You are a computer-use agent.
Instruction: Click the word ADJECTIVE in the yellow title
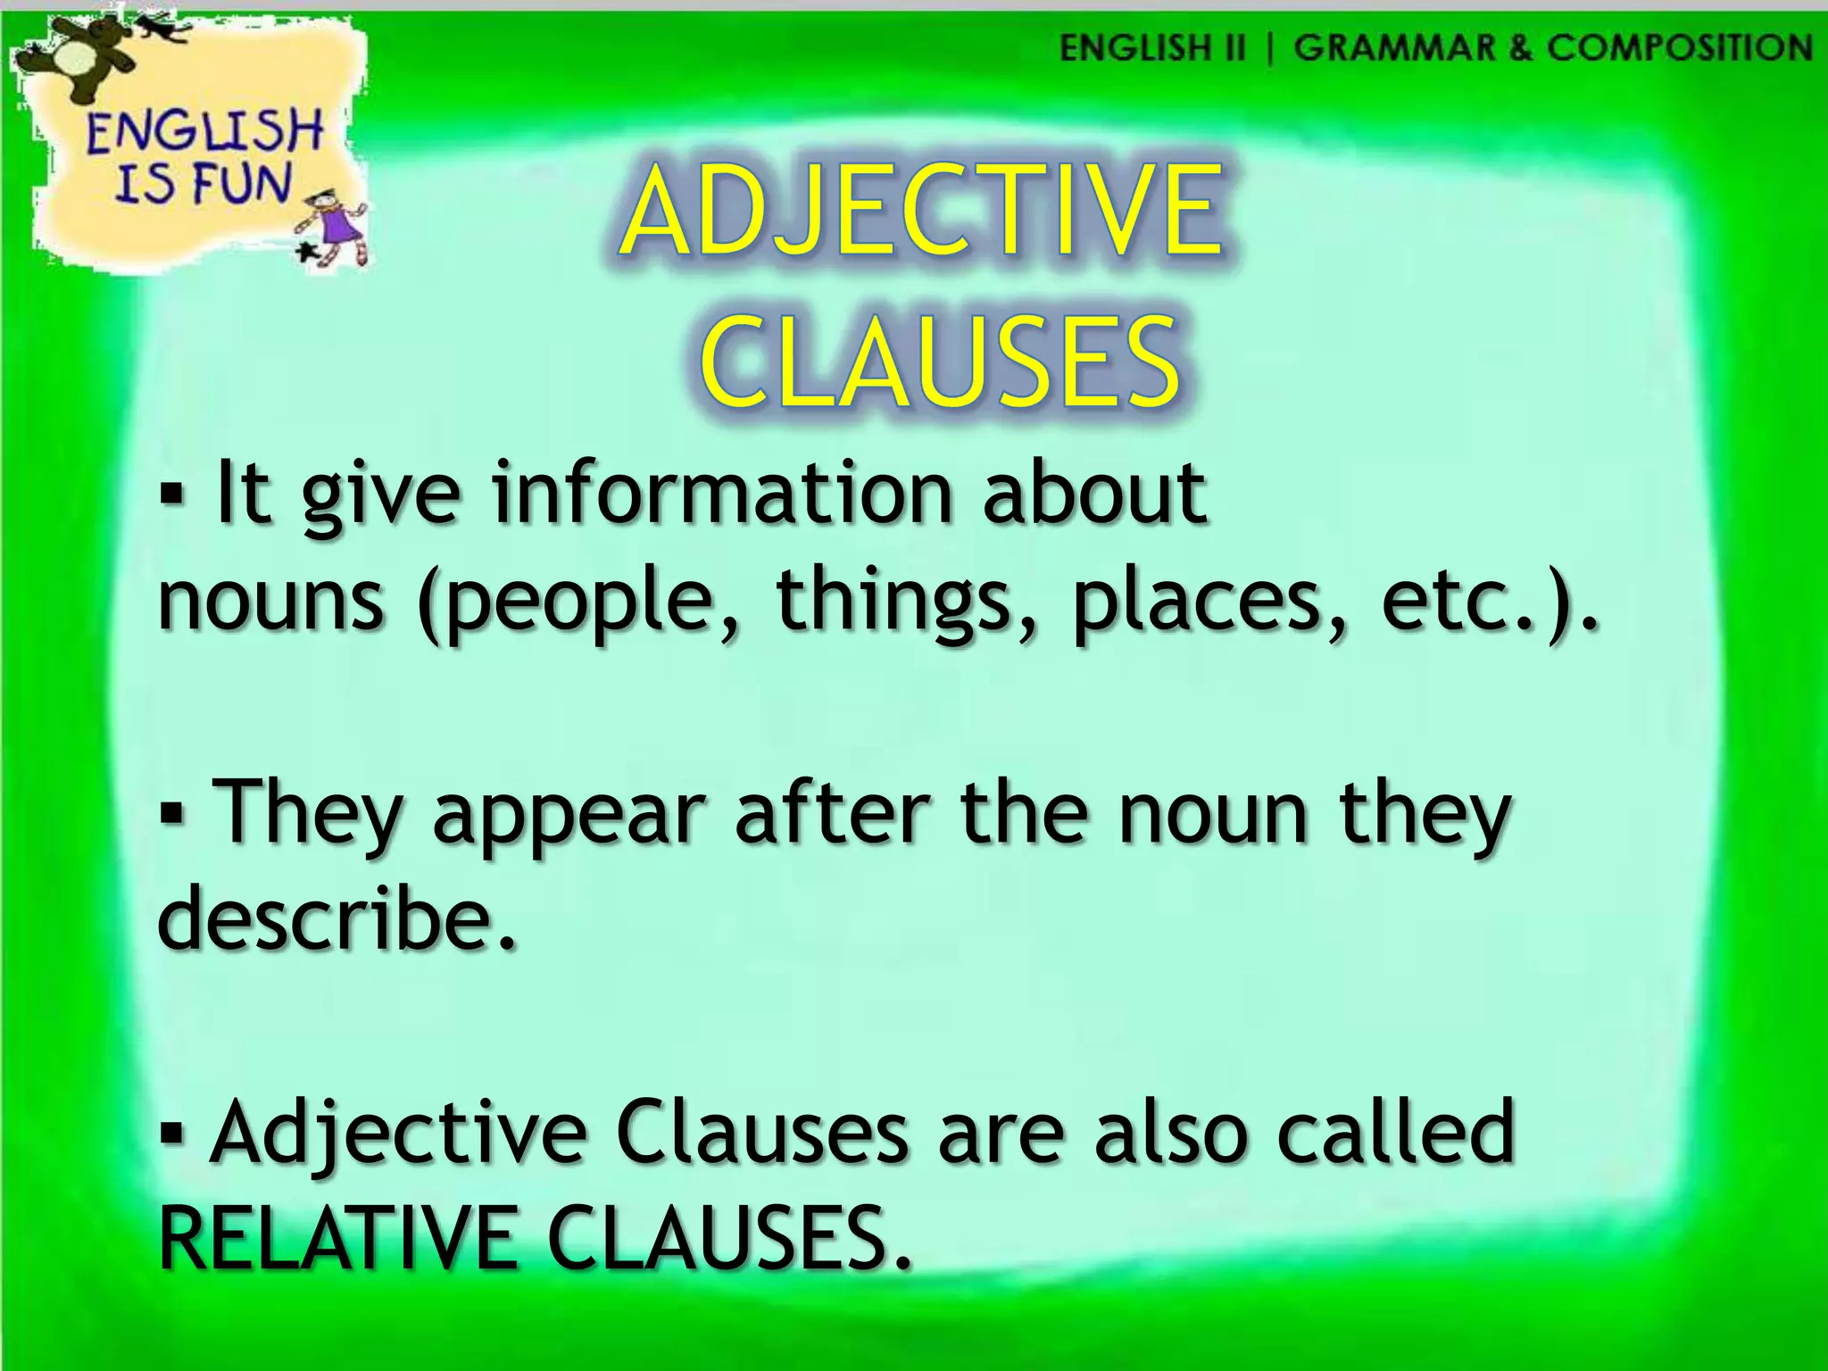click(x=921, y=211)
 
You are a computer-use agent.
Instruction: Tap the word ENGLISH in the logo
click(x=204, y=131)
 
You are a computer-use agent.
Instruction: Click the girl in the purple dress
click(x=337, y=224)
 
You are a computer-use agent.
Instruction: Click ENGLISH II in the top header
click(x=1151, y=47)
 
